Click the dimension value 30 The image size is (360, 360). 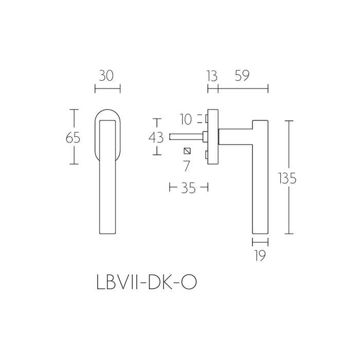107,76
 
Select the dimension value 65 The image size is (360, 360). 73,138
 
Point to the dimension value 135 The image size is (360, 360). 287,178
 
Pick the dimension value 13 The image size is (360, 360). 211,76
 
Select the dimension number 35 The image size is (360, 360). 189,188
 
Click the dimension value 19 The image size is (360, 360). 260,255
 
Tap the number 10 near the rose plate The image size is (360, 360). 186,119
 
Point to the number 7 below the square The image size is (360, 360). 187,166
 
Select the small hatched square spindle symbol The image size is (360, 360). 187,151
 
